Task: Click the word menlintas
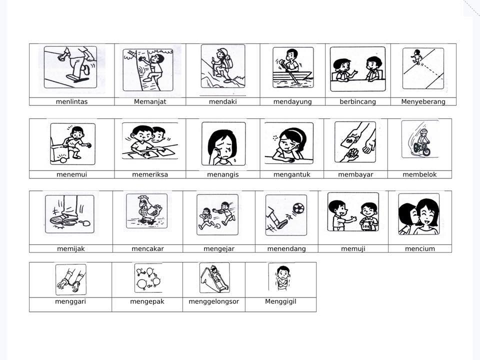coord(71,101)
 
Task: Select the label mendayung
coord(292,101)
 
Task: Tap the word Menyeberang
coord(423,101)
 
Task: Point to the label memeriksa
coord(150,174)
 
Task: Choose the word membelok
coord(419,174)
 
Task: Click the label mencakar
coord(147,249)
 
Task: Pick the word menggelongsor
coord(213,301)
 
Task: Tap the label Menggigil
coord(280,301)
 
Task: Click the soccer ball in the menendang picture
coord(298,209)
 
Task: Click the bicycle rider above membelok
coord(422,142)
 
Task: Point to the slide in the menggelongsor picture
coord(214,278)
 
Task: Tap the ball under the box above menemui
coord(63,160)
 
